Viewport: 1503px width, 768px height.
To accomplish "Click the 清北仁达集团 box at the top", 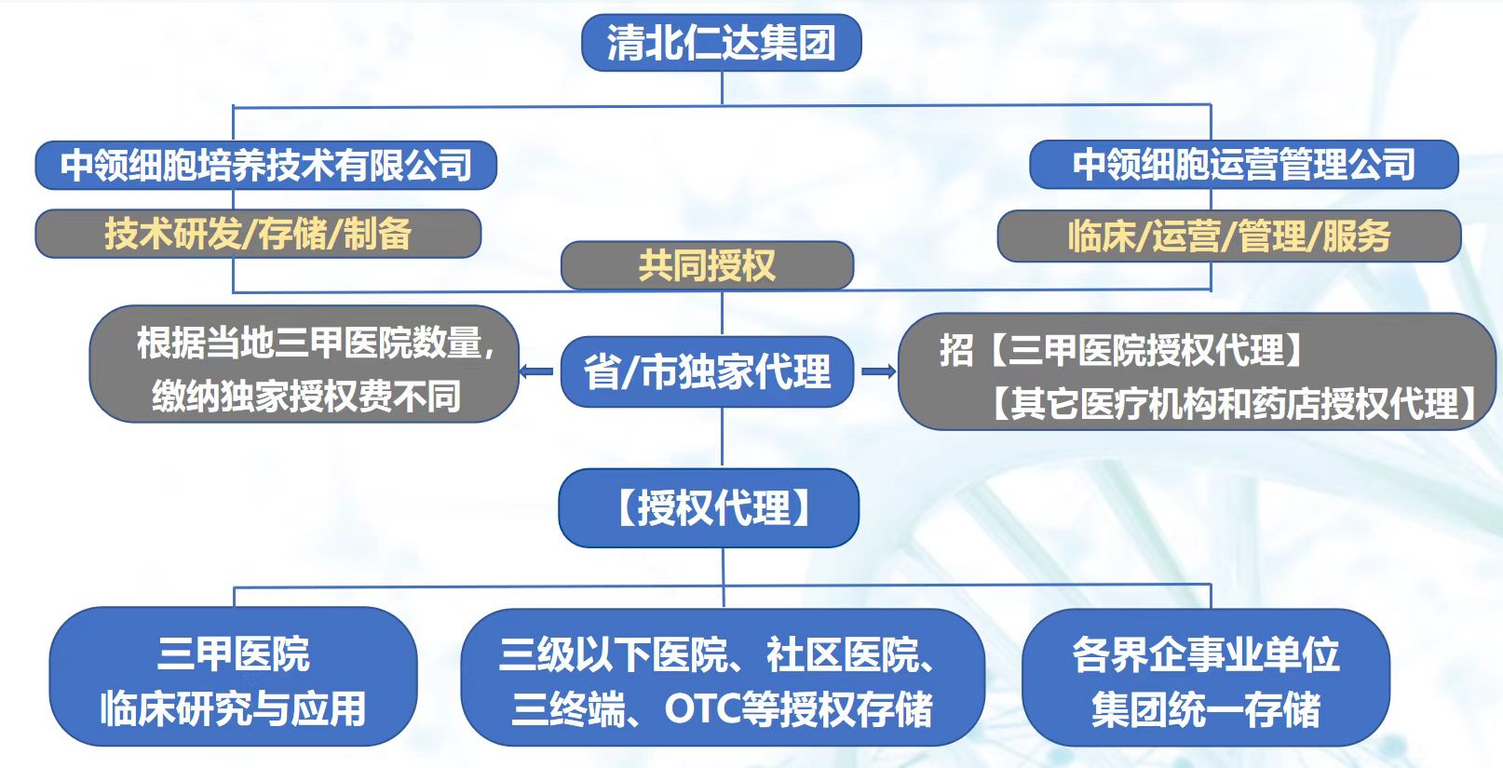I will click(721, 43).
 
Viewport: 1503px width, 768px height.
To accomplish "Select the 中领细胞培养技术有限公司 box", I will click(265, 166).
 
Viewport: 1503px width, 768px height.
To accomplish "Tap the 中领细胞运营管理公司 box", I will click(1243, 165).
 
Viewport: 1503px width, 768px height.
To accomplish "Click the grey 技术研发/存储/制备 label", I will click(258, 234).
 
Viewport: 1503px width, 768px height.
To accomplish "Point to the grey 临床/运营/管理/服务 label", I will click(1228, 236).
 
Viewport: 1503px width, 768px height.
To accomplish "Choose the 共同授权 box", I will click(707, 266).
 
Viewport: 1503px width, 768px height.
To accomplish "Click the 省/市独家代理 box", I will click(707, 371).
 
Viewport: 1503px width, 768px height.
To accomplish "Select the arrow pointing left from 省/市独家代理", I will click(536, 371).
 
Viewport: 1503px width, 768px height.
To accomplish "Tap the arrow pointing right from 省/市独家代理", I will click(877, 371).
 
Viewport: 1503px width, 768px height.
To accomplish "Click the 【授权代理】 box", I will click(709, 508).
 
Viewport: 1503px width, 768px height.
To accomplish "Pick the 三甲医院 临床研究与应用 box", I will click(233, 678).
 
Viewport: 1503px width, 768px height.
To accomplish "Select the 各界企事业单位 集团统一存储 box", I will click(1206, 680).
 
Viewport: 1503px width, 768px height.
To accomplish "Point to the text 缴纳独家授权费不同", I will click(306, 397).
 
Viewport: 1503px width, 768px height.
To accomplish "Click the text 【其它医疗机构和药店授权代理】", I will click(1233, 403).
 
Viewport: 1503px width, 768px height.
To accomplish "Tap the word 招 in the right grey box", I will click(955, 351).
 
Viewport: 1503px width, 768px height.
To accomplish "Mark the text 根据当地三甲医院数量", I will click(309, 343).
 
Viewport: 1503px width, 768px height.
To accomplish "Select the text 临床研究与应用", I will click(233, 708).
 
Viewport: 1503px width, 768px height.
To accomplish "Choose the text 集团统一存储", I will click(1206, 709).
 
